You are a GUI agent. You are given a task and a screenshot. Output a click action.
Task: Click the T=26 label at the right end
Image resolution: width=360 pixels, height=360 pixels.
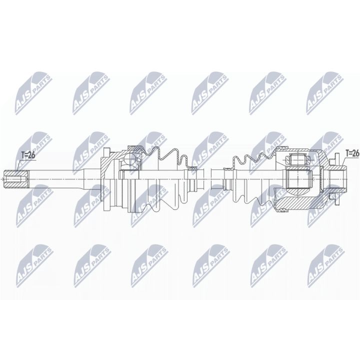coord(352,152)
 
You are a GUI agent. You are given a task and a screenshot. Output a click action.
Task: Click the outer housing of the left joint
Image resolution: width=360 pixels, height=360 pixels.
coord(111,177)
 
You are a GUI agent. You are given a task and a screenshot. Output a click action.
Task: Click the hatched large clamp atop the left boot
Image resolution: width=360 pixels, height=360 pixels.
coord(135,147)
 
